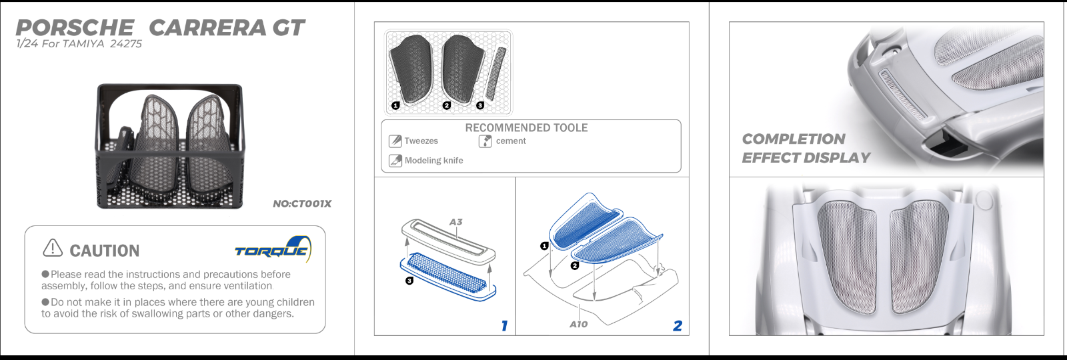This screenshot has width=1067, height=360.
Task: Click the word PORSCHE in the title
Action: coord(75,28)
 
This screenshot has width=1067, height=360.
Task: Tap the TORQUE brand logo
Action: coord(272,251)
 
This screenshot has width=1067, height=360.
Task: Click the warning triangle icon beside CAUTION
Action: coord(53,248)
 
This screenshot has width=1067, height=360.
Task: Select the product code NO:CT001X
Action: coord(302,204)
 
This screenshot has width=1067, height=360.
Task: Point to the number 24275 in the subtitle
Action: coord(126,44)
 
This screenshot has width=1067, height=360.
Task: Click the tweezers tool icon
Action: coord(395,141)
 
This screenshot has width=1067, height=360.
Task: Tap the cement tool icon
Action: coord(485,141)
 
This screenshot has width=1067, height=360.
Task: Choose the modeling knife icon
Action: coord(395,161)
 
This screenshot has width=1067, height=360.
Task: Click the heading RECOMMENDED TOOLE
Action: coord(526,128)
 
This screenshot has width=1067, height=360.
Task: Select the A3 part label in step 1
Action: coord(455,222)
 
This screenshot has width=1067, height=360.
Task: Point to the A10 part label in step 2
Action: coord(578,324)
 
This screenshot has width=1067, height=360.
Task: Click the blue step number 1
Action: coord(504,325)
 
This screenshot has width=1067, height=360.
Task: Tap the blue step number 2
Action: coord(678,325)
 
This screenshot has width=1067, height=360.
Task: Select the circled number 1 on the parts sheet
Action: coord(395,105)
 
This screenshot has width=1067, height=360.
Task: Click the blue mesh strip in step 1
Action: coord(447,273)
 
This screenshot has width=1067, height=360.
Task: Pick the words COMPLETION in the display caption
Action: coord(794,139)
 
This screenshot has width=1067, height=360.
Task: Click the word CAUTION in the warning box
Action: coord(105,251)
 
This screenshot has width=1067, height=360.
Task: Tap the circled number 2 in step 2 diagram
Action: coord(575,265)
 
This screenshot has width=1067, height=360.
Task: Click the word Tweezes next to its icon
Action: coord(421,141)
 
